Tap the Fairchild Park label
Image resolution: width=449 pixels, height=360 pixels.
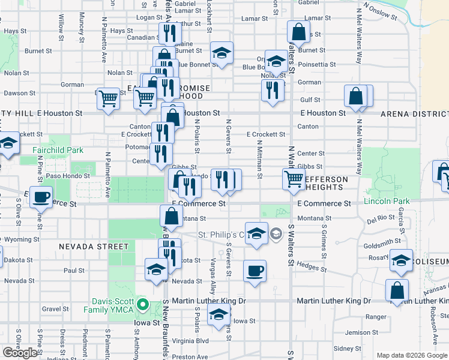click(50, 149)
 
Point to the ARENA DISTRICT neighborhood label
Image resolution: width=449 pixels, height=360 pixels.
click(414, 113)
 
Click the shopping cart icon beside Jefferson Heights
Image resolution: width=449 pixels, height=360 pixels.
click(294, 178)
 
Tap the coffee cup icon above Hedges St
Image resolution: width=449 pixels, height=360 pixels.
click(255, 271)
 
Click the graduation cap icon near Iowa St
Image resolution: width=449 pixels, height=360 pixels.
click(218, 314)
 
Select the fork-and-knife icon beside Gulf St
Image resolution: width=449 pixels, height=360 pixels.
click(273, 90)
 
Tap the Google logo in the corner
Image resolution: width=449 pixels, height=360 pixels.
click(20, 353)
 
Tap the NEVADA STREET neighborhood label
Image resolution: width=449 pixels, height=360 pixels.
click(94, 247)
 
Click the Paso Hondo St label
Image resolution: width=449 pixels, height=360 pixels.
click(68, 176)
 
